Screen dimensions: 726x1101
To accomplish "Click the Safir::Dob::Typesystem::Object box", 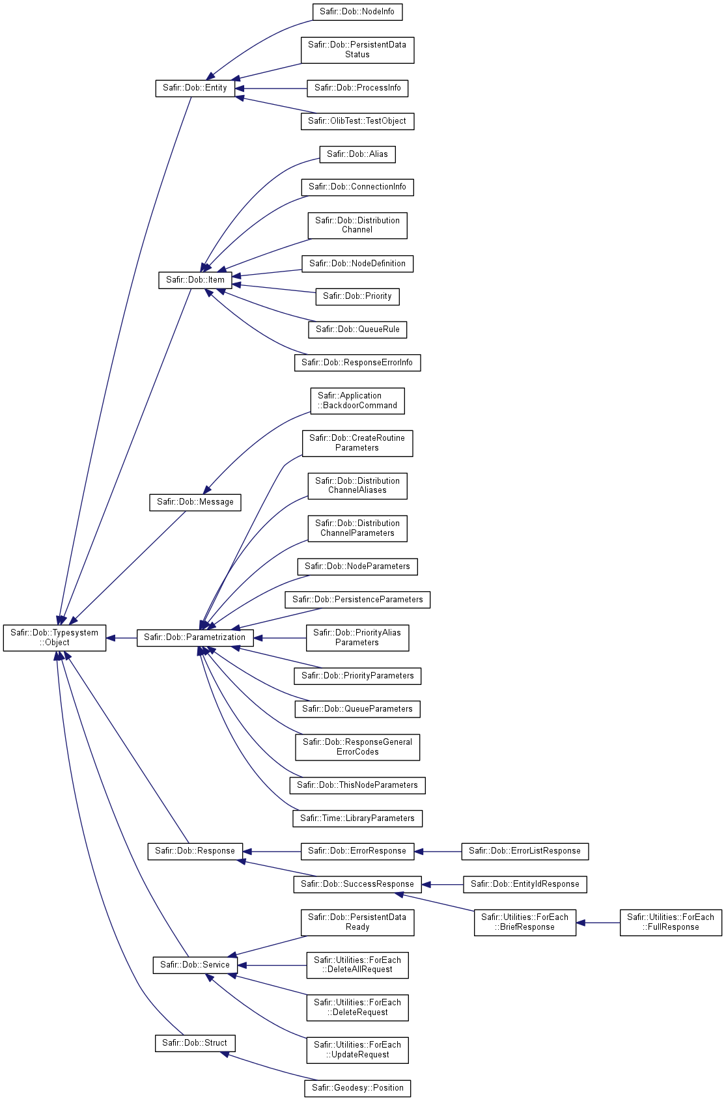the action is (55, 637).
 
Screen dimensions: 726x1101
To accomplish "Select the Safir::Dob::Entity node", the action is (195, 89).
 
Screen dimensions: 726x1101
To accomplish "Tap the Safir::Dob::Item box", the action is (195, 280).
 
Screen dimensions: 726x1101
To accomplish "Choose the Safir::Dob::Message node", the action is (195, 503).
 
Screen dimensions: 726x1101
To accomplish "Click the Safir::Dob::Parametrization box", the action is (195, 638).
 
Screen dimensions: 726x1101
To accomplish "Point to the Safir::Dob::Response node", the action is (195, 852).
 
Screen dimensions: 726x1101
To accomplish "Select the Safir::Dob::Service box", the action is (195, 966).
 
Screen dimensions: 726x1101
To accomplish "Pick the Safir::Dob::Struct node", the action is (195, 1044).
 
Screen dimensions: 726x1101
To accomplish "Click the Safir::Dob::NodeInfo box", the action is (357, 12).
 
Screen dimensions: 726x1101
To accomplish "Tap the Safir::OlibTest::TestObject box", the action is (357, 121).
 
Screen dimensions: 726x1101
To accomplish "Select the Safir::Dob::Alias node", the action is (357, 154).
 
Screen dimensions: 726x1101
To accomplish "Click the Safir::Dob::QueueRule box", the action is (357, 329).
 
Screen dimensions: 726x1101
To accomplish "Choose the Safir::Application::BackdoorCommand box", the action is (357, 401).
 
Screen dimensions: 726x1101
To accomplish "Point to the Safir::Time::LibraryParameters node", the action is (357, 818).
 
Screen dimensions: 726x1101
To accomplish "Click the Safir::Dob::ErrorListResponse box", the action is (525, 852).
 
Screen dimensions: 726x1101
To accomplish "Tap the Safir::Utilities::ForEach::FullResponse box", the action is (671, 923).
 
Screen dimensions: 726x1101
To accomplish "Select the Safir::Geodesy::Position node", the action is (357, 1088).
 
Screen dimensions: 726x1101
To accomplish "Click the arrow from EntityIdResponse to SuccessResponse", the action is (443, 885).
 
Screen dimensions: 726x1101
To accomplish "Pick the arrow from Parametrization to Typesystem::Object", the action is (122, 638).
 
